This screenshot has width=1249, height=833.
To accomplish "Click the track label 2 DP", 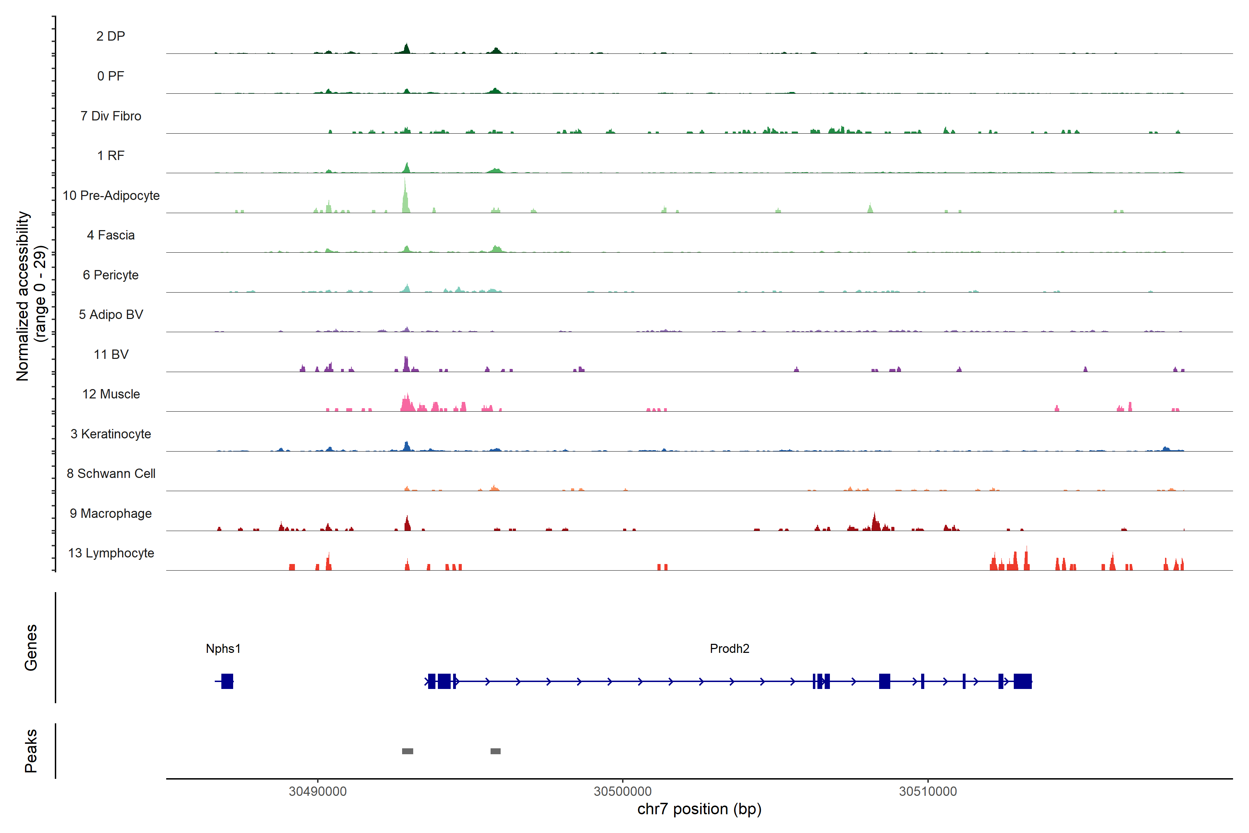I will [x=110, y=36].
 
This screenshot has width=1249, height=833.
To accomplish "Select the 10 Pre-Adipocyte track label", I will [x=111, y=195].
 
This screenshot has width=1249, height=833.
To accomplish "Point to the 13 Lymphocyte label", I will [x=111, y=553].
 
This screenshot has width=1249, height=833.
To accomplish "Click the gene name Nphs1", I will [x=223, y=649].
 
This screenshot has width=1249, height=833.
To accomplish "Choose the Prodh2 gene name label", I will [x=729, y=649].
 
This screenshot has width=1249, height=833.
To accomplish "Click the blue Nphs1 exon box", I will [x=227, y=681].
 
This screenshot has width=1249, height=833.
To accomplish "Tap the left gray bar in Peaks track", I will [x=407, y=751].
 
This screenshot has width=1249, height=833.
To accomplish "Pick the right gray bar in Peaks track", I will [x=495, y=751].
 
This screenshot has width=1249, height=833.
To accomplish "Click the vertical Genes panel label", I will [x=31, y=648].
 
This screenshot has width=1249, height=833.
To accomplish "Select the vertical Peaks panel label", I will [x=31, y=751].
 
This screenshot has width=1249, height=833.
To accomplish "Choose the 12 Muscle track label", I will [x=111, y=394].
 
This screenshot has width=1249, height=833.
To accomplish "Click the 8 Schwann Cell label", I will [x=111, y=473].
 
